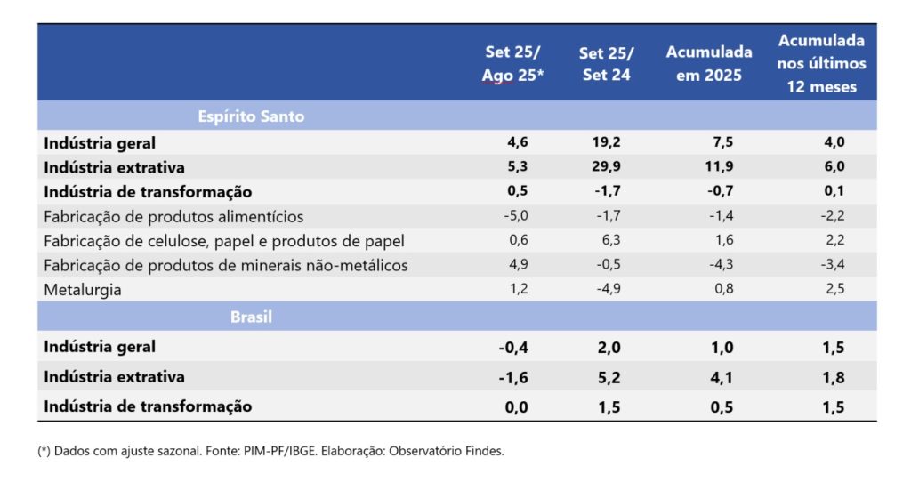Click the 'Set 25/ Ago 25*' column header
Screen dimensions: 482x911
pos(512,63)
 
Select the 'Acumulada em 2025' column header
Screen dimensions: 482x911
pos(708,63)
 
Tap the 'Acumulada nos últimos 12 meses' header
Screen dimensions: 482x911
pos(821,63)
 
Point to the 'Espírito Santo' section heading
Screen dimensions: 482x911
pos(251,116)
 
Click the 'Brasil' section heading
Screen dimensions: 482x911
pos(251,317)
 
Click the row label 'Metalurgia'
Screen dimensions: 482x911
pos(83,289)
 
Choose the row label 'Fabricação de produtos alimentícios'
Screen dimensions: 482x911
pos(173,216)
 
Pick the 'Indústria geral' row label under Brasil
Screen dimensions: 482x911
pos(100,347)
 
